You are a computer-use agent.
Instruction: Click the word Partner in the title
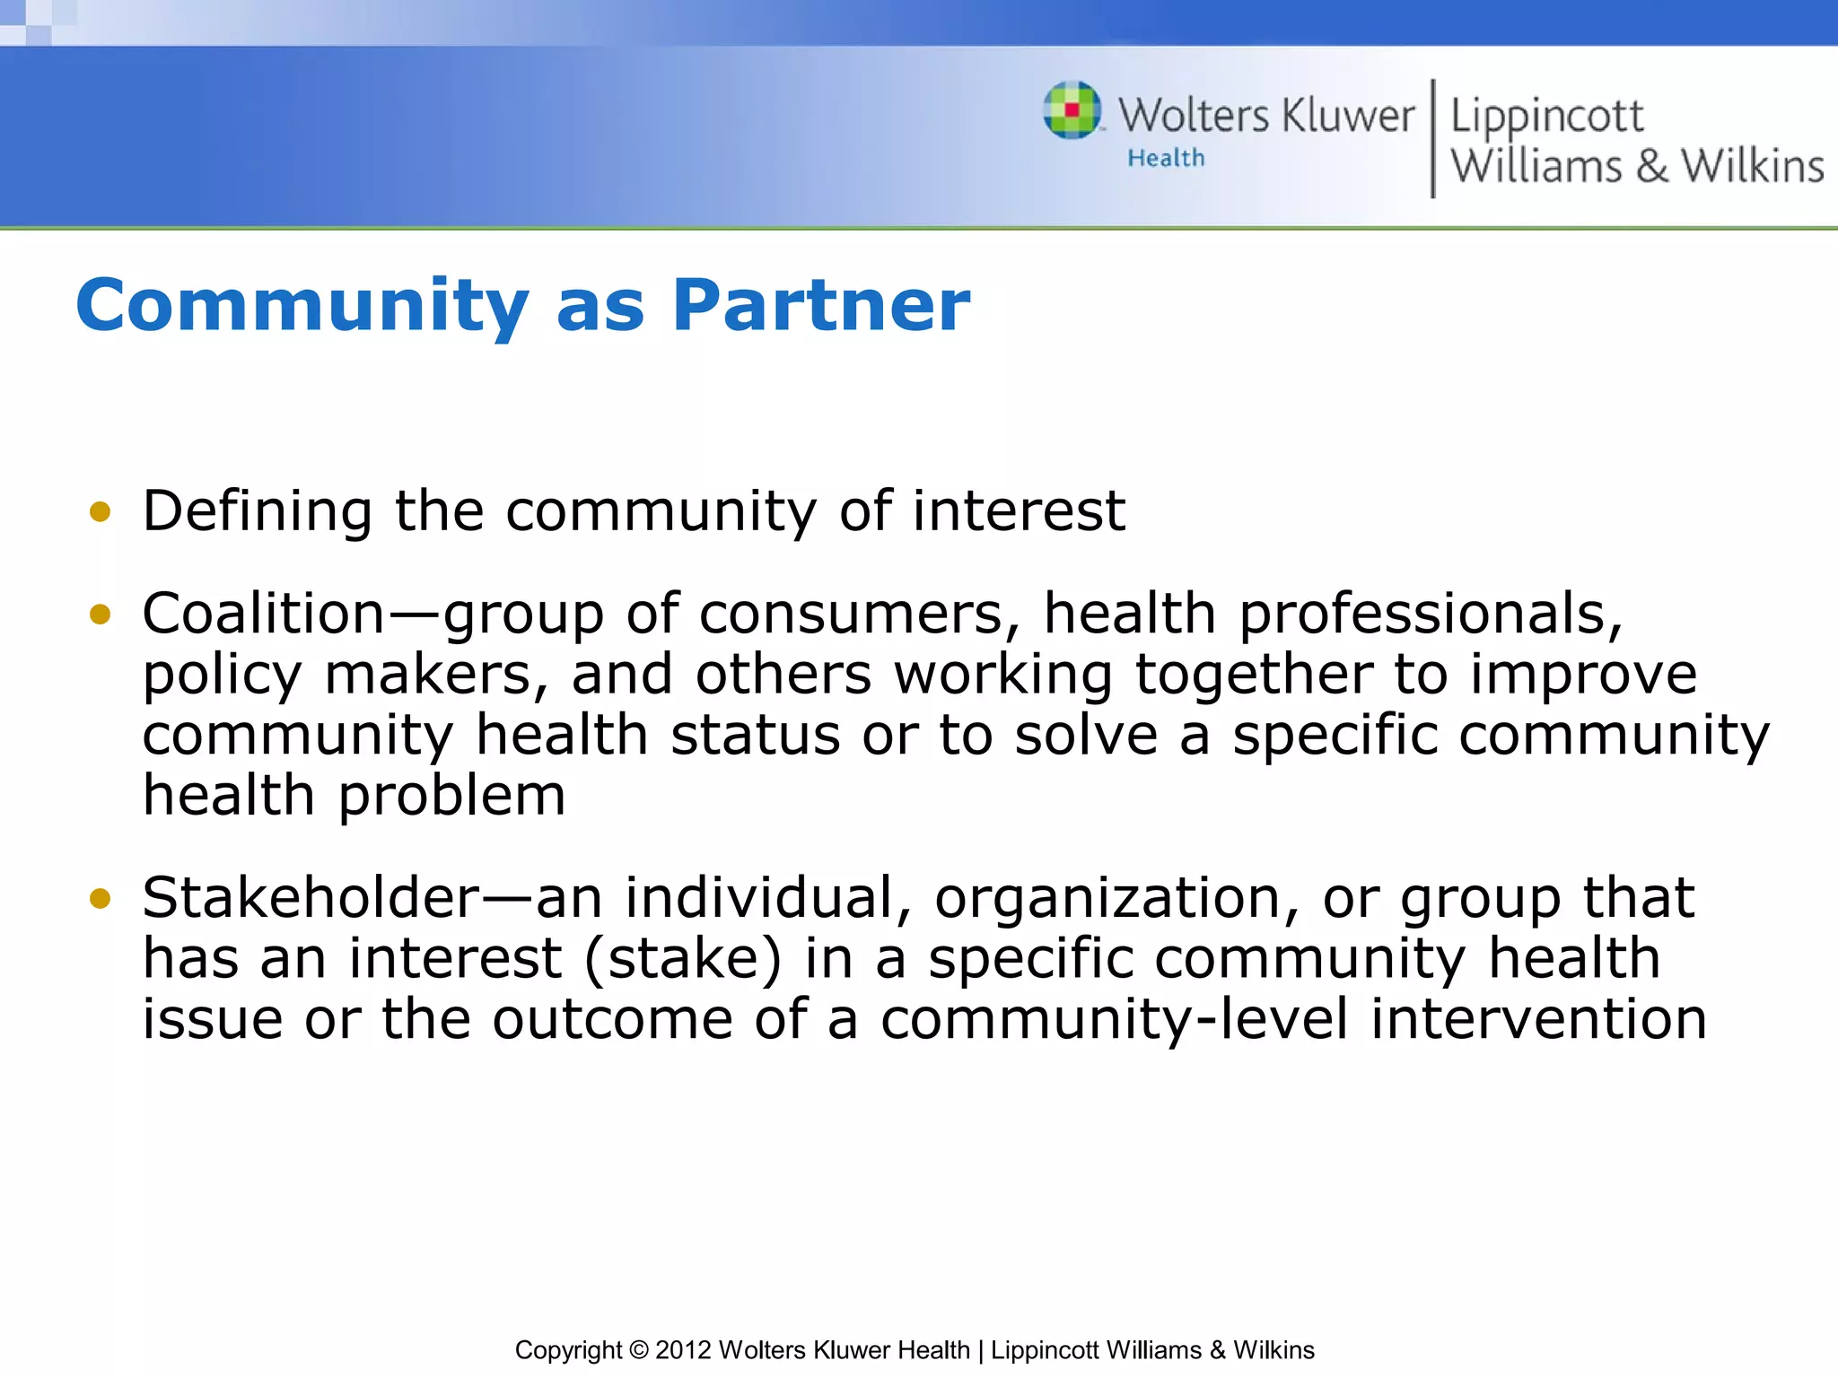click(x=820, y=306)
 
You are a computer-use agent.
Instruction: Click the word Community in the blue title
click(x=302, y=306)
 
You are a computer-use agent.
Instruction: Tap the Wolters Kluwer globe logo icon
click(x=1072, y=111)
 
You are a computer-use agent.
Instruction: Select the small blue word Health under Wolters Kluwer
click(x=1166, y=158)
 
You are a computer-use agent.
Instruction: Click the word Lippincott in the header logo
click(x=1546, y=117)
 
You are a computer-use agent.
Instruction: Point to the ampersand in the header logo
click(x=1651, y=167)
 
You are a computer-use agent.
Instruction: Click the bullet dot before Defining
click(x=100, y=512)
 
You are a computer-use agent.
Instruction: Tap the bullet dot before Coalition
click(x=100, y=615)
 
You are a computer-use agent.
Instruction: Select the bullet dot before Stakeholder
click(x=100, y=898)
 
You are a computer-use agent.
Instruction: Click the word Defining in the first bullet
click(x=257, y=512)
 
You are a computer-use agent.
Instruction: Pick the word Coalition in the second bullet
click(x=264, y=615)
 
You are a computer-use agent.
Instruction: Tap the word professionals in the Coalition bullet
click(x=1430, y=615)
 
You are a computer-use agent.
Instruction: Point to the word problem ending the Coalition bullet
click(x=451, y=797)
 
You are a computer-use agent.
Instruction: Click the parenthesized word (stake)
click(x=682, y=959)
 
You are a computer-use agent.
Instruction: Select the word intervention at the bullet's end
click(x=1538, y=1019)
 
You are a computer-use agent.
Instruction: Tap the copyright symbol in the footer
click(x=638, y=1350)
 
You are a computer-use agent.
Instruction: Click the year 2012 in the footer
click(x=683, y=1350)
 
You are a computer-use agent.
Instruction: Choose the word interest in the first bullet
click(x=1018, y=512)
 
